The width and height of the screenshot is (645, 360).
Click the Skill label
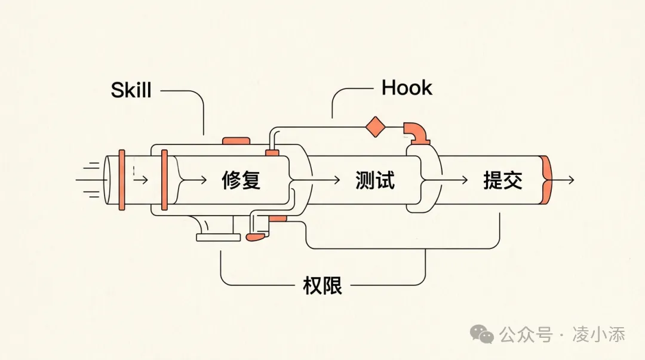pos(131,90)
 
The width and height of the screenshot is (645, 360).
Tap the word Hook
pos(406,88)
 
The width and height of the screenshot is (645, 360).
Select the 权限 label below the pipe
pos(322,286)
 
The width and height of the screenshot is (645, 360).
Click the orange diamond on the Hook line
pos(376,127)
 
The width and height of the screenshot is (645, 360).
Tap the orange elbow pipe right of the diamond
pos(417,133)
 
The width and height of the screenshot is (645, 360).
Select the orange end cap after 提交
pos(546,180)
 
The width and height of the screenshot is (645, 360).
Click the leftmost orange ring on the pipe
pos(122,180)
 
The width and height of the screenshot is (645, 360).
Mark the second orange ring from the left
pos(164,180)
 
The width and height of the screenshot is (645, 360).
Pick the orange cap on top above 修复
pos(236,141)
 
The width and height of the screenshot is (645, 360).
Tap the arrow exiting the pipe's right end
pos(564,180)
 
